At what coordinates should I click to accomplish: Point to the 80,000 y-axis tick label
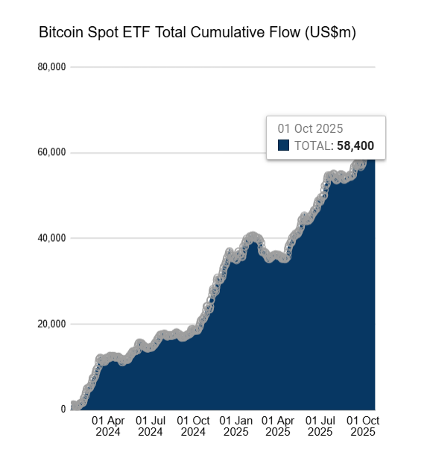(51, 67)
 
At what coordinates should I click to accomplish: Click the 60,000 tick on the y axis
(51, 153)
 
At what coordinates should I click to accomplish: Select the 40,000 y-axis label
(51, 238)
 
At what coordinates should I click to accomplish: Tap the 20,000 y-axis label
(51, 324)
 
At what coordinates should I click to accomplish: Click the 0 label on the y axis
(63, 410)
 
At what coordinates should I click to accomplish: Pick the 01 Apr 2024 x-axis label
(107, 426)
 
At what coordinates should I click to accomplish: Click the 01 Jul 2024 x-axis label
(150, 426)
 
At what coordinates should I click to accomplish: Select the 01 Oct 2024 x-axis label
(193, 426)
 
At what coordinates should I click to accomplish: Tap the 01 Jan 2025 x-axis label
(235, 426)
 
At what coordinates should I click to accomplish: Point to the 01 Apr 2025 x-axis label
(278, 426)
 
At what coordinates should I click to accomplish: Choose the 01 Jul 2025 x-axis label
(320, 426)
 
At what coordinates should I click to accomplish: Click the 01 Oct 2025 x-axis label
(364, 426)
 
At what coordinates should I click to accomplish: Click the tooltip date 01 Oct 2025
(310, 128)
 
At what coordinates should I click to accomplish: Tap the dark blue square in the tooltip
(283, 145)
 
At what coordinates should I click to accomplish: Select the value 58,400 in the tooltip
(355, 145)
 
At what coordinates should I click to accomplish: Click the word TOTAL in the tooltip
(313, 145)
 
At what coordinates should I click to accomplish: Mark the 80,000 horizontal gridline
(224, 67)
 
